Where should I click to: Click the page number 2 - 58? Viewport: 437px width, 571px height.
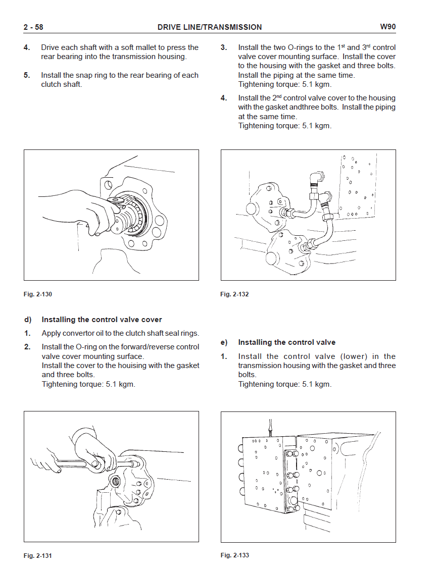pyautogui.click(x=33, y=27)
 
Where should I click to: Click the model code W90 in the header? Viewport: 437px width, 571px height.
pyautogui.click(x=388, y=27)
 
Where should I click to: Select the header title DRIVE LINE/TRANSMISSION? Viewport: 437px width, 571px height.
pyautogui.click(x=210, y=27)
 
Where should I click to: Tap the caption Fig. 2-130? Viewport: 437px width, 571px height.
pyautogui.click(x=38, y=294)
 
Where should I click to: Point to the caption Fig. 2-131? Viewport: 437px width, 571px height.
pyautogui.click(x=38, y=556)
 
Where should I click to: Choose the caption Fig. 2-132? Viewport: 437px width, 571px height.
pyautogui.click(x=235, y=294)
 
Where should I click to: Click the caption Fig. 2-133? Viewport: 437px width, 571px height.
pyautogui.click(x=235, y=555)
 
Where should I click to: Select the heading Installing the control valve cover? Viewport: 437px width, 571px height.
pyautogui.click(x=102, y=320)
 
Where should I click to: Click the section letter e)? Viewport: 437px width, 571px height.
pyautogui.click(x=224, y=342)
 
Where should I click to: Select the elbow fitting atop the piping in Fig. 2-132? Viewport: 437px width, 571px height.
pyautogui.click(x=316, y=178)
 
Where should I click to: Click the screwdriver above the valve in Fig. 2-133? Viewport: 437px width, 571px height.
pyautogui.click(x=270, y=428)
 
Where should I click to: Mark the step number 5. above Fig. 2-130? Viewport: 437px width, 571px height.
pyautogui.click(x=27, y=75)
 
